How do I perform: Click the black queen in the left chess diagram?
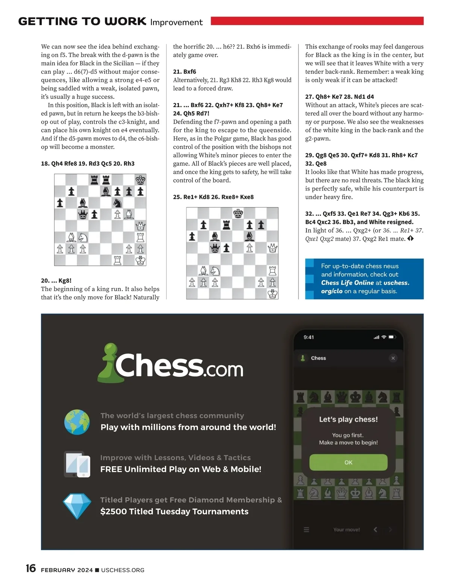tap(83, 215)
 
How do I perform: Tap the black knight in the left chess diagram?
tap(117, 203)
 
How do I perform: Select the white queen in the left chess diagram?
tap(141, 226)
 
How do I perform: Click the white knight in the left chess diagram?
tap(83, 238)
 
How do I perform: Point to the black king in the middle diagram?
tap(238, 214)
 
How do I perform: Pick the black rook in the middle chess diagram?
tap(226, 225)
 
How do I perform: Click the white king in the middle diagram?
tap(272, 294)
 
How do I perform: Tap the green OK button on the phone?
tap(348, 462)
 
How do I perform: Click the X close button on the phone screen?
tap(393, 358)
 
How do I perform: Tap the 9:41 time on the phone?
tap(309, 337)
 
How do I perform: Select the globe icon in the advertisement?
tap(77, 422)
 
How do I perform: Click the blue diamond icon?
tap(77, 506)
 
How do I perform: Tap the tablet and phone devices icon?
tap(77, 464)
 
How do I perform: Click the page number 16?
tap(31, 568)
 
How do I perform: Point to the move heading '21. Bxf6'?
tap(185, 71)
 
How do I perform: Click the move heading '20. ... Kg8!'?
tap(56, 280)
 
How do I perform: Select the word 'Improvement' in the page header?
tap(176, 22)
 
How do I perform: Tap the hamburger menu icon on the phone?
tap(306, 530)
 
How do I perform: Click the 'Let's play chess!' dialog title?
tap(348, 419)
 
